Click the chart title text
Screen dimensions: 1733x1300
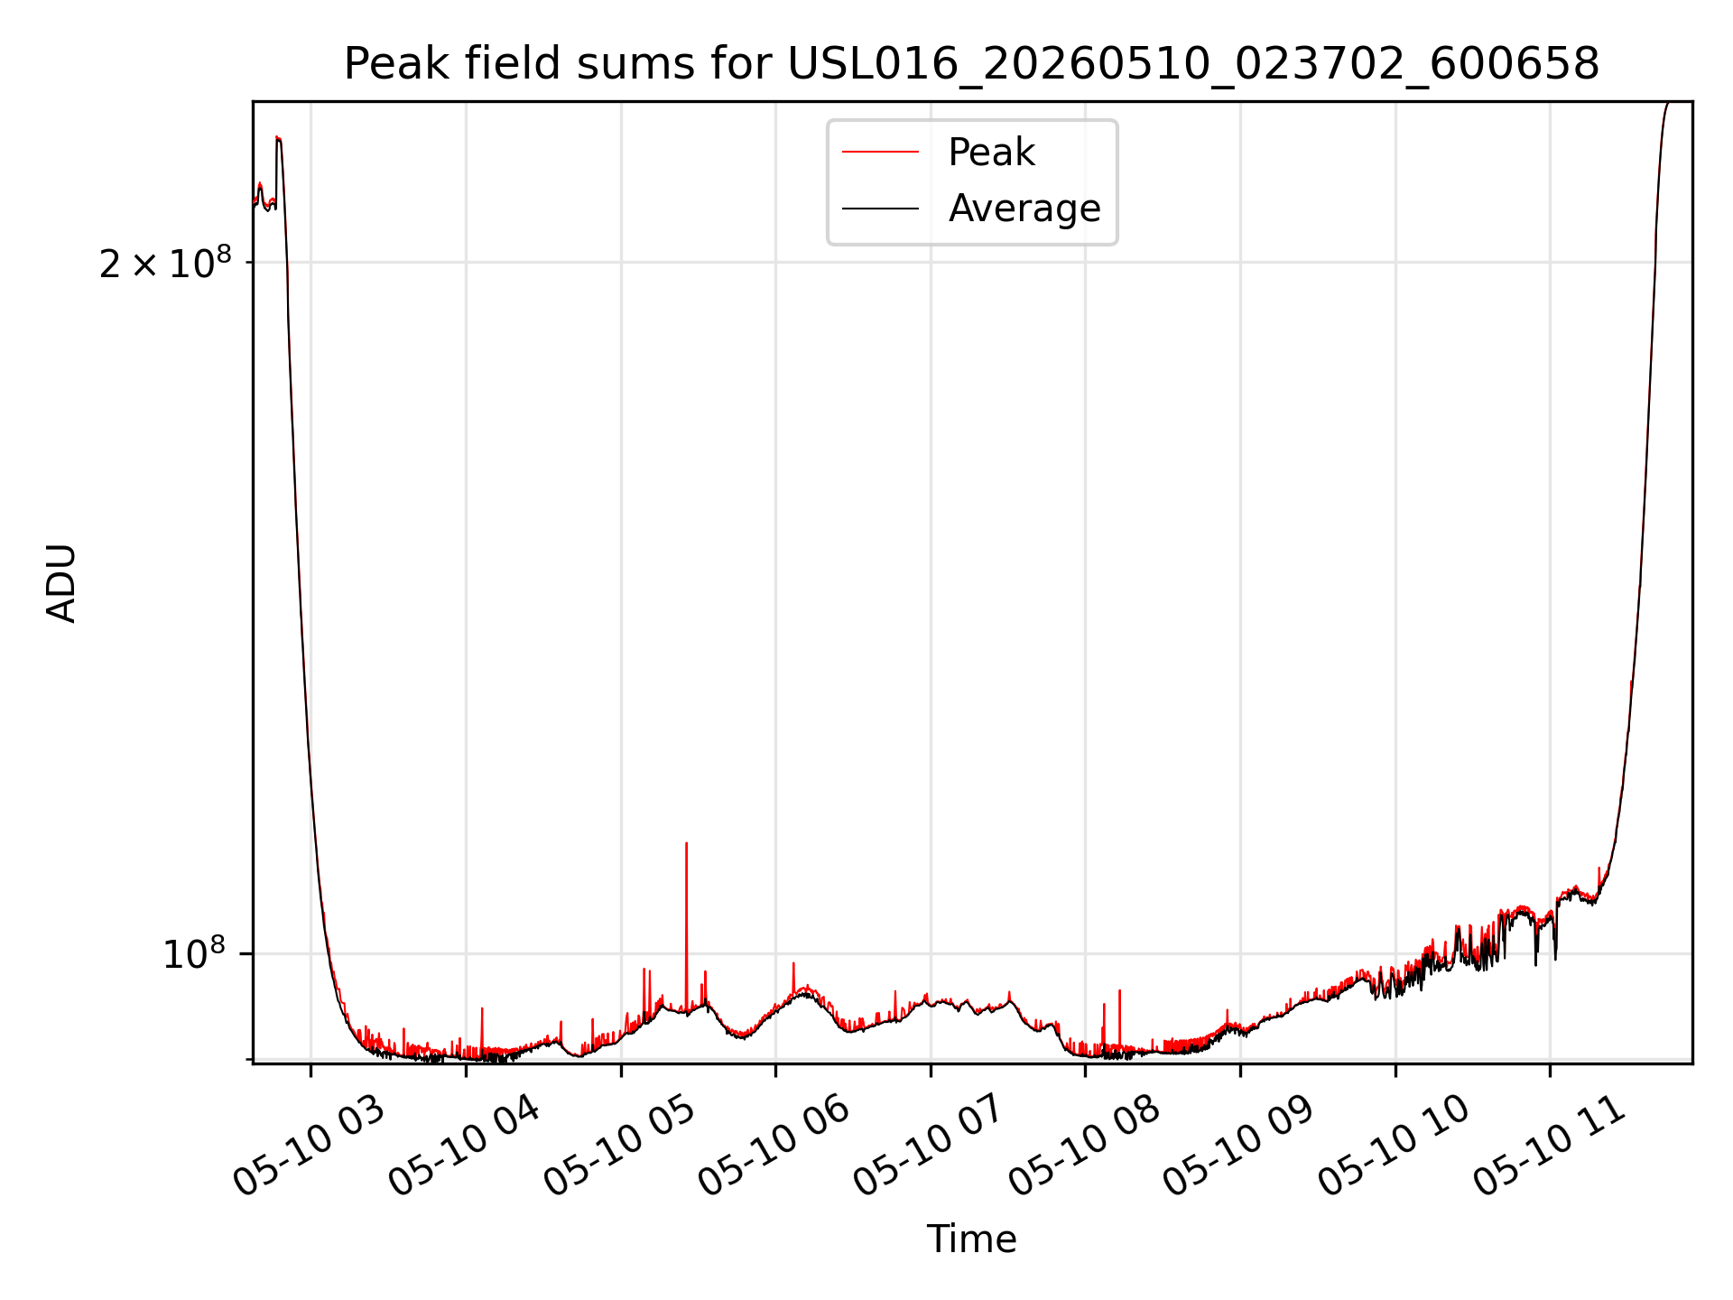971,64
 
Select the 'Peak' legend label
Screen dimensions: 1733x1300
991,153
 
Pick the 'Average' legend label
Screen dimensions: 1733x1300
1024,209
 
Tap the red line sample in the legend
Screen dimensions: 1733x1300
880,153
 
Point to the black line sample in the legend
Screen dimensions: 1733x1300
880,209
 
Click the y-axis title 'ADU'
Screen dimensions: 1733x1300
61,583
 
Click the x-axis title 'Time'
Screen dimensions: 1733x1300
971,1240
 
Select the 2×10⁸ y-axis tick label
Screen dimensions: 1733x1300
165,264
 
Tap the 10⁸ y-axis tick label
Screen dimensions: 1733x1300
193,953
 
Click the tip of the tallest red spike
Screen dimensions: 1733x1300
686,843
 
